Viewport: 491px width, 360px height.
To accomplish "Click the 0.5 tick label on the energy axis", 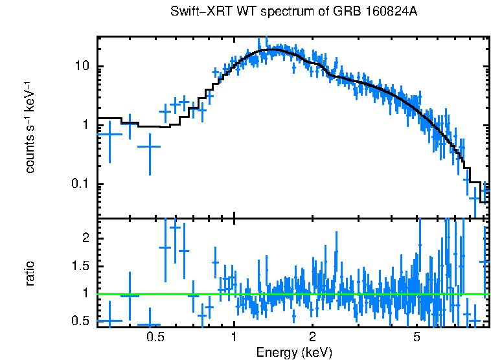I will [154, 337].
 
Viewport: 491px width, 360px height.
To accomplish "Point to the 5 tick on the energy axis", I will [417, 337].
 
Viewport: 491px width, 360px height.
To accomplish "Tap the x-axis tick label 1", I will [234, 337].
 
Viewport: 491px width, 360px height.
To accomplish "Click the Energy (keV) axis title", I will [294, 352].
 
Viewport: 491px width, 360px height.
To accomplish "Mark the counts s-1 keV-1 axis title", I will [30, 127].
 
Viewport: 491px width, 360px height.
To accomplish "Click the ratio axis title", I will [30, 274].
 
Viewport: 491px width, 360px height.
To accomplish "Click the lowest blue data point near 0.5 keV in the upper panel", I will [150, 147].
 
